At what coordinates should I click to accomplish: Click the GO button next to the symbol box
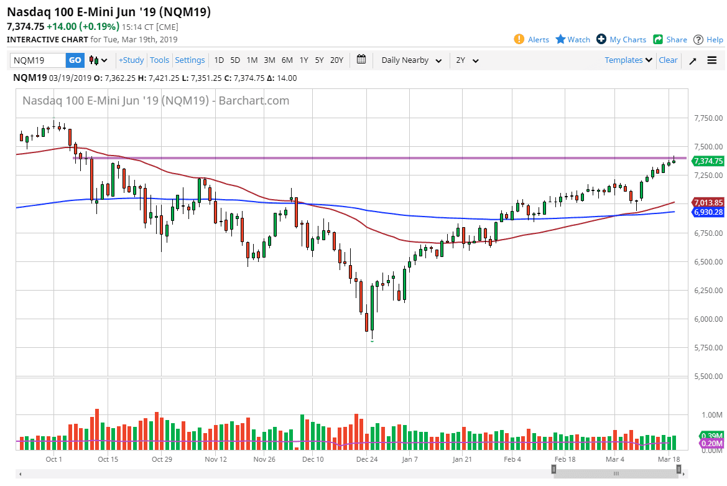click(x=75, y=60)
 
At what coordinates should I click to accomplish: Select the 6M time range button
click(x=287, y=60)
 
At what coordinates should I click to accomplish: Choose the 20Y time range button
click(x=336, y=60)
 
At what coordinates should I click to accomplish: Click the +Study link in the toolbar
click(x=131, y=60)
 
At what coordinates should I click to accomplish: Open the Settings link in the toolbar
click(x=190, y=60)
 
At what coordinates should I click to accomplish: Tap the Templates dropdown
click(x=628, y=60)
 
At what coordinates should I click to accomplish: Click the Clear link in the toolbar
click(x=668, y=60)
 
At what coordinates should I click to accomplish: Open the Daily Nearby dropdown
click(x=411, y=60)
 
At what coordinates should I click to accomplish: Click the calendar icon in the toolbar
click(x=361, y=60)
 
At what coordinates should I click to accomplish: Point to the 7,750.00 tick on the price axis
click(x=708, y=118)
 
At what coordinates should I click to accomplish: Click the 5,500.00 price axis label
click(x=708, y=376)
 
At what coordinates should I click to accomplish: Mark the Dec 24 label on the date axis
click(x=367, y=459)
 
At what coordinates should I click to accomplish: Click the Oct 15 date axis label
click(x=108, y=459)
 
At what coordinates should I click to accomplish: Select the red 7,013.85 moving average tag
click(x=708, y=202)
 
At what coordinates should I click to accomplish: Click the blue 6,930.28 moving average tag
click(x=708, y=212)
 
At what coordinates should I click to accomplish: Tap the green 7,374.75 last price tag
click(x=708, y=161)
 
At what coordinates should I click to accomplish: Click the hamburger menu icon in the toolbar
click(x=712, y=60)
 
